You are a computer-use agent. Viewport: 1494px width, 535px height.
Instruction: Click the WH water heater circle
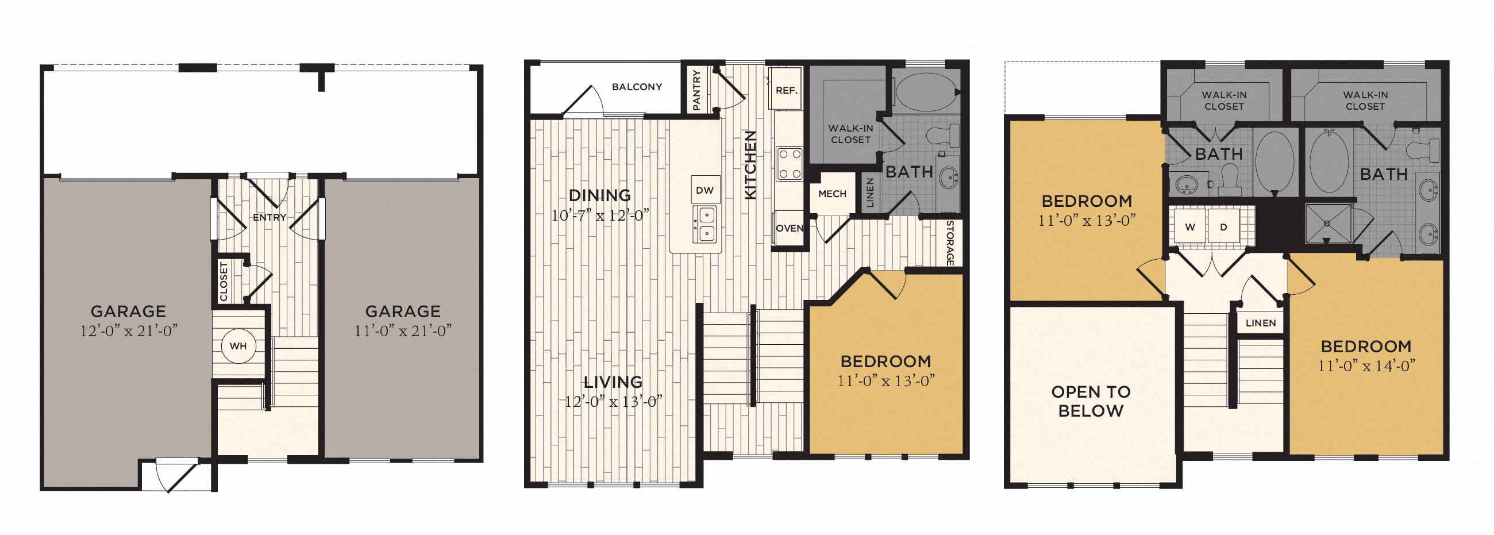pos(238,347)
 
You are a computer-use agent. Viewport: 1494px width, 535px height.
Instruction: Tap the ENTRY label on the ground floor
pos(269,218)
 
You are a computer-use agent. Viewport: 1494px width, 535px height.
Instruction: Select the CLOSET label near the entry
pos(224,282)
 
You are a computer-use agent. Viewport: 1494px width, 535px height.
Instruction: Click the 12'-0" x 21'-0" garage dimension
pos(129,332)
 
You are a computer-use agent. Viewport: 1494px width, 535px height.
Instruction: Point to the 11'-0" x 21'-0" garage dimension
pos(403,332)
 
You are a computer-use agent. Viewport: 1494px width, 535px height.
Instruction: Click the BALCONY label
pos(637,87)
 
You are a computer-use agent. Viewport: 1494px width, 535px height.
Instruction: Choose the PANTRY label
pos(696,91)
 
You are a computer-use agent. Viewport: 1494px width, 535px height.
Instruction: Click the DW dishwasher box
pos(705,190)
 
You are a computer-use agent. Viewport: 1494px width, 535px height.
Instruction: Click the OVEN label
pos(790,229)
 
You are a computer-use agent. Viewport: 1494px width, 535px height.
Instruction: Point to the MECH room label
pos(832,194)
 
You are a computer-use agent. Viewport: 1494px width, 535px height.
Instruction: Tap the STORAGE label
pos(950,243)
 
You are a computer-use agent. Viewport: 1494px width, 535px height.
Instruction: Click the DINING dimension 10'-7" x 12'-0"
pos(600,216)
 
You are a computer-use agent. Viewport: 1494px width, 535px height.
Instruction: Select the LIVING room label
pos(613,382)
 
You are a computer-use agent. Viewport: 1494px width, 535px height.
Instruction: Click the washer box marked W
pos(1189,227)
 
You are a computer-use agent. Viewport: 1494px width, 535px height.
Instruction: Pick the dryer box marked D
pos(1224,227)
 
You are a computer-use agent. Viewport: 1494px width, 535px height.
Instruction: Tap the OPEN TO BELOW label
pos(1091,402)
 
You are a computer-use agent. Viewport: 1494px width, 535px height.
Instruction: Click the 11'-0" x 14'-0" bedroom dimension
pos(1366,366)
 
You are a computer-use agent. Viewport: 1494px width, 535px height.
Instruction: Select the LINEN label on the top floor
pos(1261,323)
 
